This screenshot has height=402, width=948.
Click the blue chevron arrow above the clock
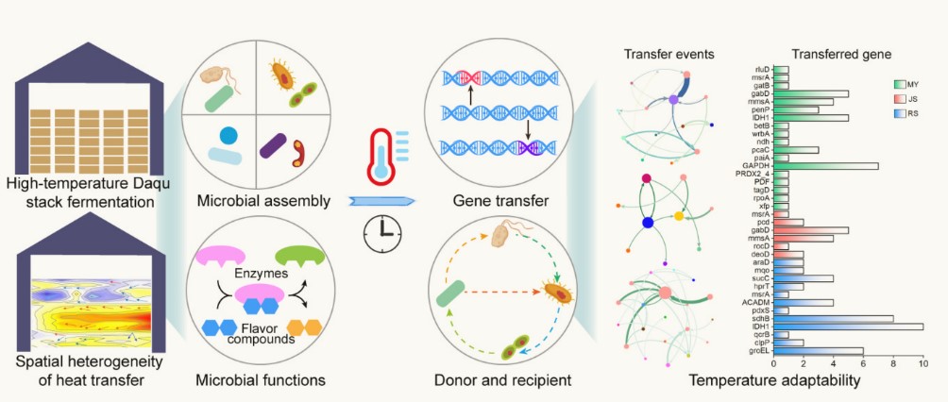[x=381, y=200]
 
